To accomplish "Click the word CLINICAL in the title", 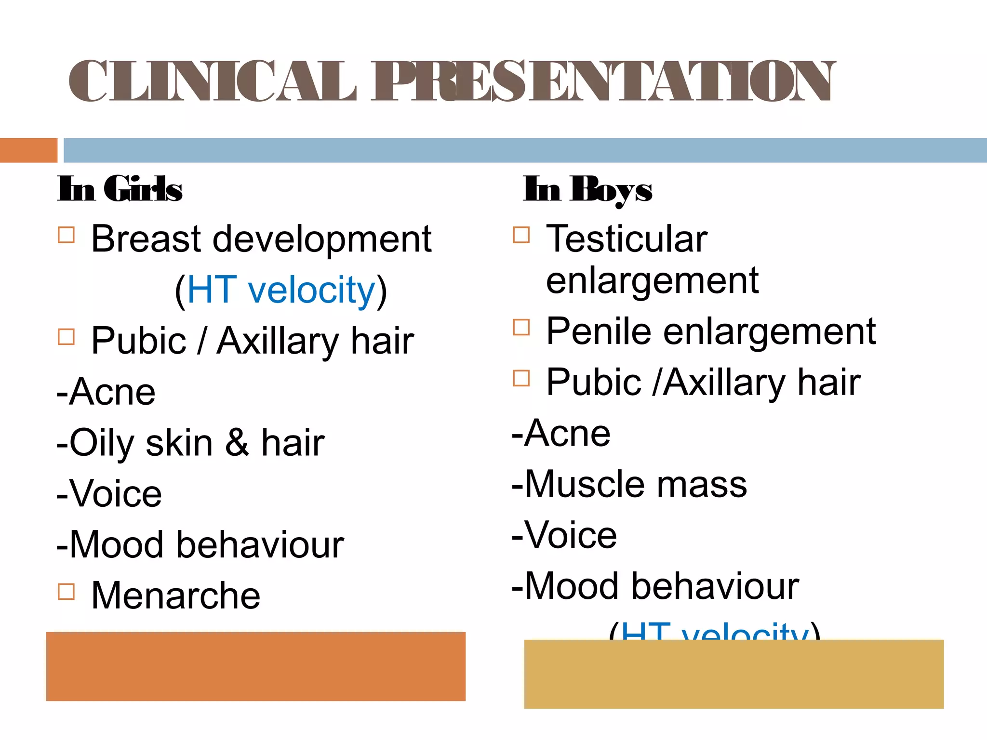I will click(x=212, y=81).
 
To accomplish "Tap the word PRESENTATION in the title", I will click(x=602, y=81).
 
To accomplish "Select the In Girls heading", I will click(x=120, y=188).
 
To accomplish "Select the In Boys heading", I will click(x=587, y=189).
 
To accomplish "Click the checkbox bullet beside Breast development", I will click(x=66, y=235).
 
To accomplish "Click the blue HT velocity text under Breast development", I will click(x=281, y=290).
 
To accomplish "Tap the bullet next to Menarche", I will click(x=66, y=592).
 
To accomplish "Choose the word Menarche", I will click(x=176, y=595).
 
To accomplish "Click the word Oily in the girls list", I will click(x=101, y=443).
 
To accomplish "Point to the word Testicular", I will click(x=627, y=239).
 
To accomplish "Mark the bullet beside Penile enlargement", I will click(x=521, y=328).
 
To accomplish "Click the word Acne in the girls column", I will click(x=112, y=392).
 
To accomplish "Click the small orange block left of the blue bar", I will click(x=28, y=150).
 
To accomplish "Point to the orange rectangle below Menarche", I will click(x=256, y=666).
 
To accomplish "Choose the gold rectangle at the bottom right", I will click(x=734, y=674).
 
